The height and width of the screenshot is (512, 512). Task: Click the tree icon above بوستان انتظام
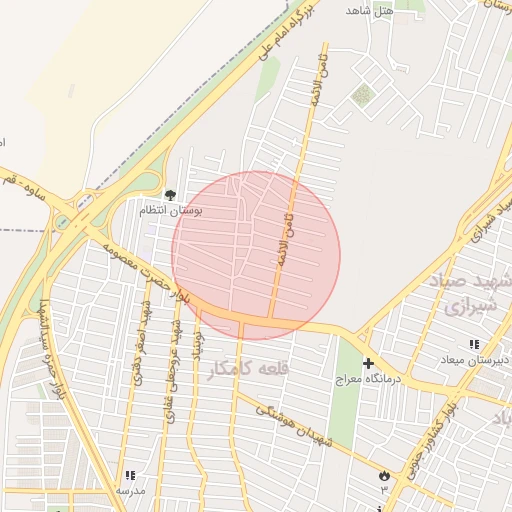168,194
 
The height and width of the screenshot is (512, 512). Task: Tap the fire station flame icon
383,477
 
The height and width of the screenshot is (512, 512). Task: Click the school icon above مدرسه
129,476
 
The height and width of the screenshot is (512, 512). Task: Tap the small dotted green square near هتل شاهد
362,96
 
